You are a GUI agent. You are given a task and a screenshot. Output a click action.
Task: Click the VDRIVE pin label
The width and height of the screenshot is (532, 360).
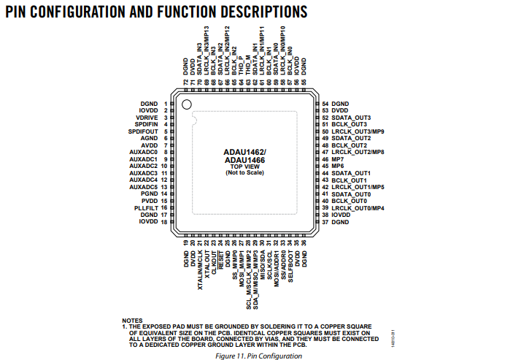(x=147, y=118)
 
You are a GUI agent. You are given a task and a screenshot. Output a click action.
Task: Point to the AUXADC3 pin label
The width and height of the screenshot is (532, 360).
(x=144, y=173)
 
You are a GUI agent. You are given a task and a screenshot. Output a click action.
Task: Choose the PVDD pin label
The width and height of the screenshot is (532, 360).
(x=150, y=200)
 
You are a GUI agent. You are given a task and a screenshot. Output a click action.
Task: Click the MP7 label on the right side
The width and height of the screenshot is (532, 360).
(x=338, y=159)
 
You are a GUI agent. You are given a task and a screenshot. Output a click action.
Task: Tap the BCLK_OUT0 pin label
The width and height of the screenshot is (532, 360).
(x=349, y=200)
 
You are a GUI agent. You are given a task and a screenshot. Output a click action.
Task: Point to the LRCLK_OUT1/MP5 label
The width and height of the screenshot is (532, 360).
(x=358, y=187)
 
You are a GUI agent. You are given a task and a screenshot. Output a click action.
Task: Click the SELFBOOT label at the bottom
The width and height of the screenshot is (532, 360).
(x=290, y=259)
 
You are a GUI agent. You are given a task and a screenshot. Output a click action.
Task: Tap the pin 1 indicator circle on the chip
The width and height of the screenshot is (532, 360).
(x=186, y=105)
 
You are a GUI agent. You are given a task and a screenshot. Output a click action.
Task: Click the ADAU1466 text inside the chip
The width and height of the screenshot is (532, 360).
(x=244, y=160)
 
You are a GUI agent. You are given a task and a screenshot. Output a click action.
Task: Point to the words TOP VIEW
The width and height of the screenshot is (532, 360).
(x=244, y=166)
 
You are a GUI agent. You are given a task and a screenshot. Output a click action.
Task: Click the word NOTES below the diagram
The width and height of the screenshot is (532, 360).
(x=132, y=320)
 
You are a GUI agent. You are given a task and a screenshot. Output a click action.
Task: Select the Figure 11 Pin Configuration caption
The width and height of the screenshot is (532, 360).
(x=259, y=356)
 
